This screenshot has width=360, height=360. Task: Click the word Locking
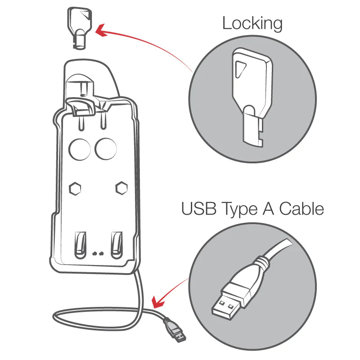(252, 24)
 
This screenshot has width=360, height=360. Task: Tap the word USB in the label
(199, 208)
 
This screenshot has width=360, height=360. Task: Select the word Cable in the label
(301, 208)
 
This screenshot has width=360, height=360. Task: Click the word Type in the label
(240, 210)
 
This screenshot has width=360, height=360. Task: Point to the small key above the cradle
(79, 27)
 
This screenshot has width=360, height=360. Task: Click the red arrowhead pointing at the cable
(158, 302)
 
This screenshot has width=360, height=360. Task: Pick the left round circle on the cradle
(80, 149)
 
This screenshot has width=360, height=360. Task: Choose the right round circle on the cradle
(106, 149)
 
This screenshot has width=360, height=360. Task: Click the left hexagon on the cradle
(75, 189)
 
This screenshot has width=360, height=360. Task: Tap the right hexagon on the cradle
(121, 188)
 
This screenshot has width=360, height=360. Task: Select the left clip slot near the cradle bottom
(81, 245)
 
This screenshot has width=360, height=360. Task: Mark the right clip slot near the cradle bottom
(117, 245)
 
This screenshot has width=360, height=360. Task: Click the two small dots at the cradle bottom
(98, 254)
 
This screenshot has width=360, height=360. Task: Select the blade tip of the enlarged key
(252, 140)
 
